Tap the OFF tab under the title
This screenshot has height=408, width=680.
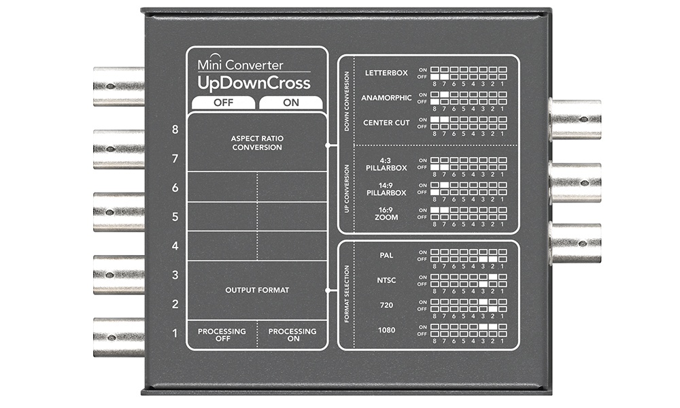(222, 103)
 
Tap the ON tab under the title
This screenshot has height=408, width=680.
(290, 103)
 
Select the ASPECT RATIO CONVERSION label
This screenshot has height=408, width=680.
(256, 142)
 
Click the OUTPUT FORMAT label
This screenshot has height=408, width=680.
(257, 290)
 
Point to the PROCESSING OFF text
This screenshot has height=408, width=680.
(222, 335)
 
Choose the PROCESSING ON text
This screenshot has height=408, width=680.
(292, 335)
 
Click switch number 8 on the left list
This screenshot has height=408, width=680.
(175, 129)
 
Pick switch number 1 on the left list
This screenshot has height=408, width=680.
(175, 333)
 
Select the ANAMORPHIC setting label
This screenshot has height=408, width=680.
(386, 98)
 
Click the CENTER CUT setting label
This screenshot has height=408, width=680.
(387, 123)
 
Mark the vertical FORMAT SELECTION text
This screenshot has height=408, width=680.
(347, 295)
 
